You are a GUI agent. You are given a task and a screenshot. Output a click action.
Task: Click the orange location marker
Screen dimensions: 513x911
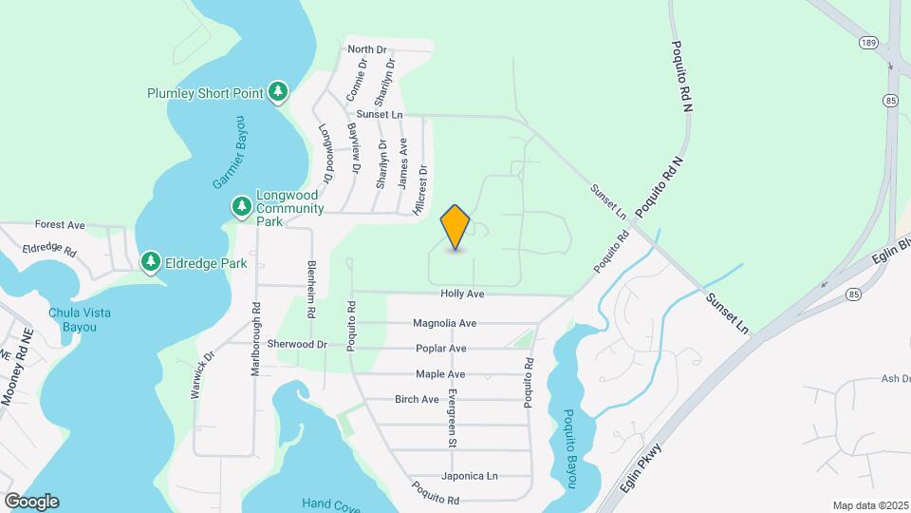pos(455,227)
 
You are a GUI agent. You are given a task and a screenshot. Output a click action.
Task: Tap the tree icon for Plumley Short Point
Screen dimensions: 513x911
pos(277,91)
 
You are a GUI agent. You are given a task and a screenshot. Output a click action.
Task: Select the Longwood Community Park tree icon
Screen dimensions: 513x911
pos(242,206)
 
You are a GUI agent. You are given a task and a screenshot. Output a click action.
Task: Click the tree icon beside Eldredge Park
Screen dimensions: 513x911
pos(150,261)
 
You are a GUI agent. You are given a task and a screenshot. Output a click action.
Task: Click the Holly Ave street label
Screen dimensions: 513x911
pos(462,294)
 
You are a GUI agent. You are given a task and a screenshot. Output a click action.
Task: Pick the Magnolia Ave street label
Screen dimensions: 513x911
pos(444,323)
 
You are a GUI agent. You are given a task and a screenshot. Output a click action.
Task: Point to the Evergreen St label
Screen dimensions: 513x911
pos(454,418)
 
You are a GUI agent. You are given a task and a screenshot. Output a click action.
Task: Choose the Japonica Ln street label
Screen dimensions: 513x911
pos(469,476)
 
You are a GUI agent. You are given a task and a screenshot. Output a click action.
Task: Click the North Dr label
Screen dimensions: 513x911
pos(367,48)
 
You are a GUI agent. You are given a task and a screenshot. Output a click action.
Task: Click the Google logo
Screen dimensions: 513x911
pos(31,502)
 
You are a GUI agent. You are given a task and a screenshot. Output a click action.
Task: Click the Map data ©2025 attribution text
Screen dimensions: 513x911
pos(870,505)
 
